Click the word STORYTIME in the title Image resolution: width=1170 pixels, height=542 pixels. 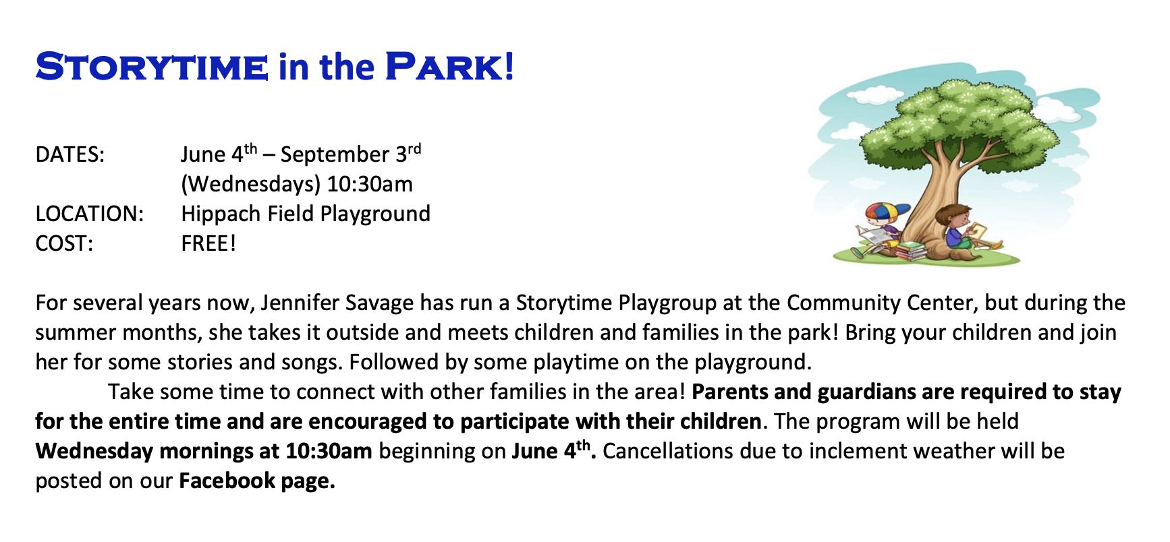tap(152, 67)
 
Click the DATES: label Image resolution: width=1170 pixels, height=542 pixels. tap(70, 154)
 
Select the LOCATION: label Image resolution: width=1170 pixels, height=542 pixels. tap(90, 214)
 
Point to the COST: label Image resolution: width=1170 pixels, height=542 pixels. tap(64, 243)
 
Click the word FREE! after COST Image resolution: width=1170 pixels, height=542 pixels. tap(208, 243)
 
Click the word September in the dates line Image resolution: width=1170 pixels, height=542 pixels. tap(335, 155)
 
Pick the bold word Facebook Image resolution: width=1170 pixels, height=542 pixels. tap(227, 481)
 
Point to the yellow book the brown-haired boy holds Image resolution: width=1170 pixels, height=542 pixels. tap(978, 231)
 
